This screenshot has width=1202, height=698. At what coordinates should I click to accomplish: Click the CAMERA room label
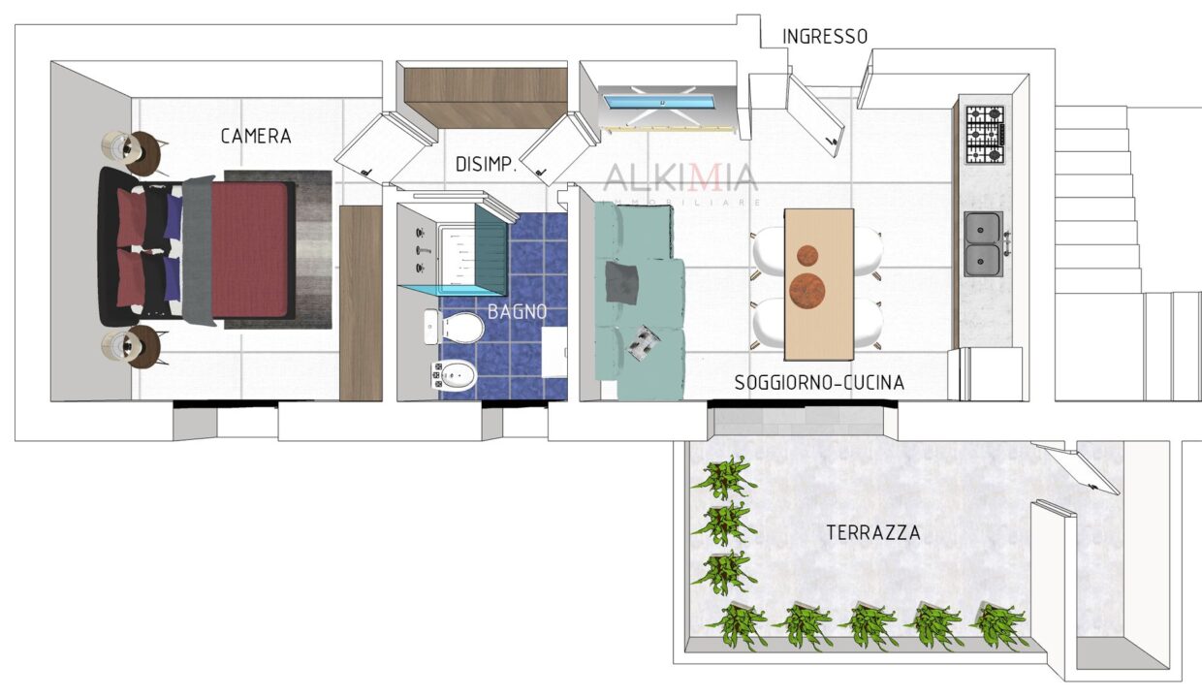[x=256, y=137]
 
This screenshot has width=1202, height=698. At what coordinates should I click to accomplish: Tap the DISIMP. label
[x=486, y=164]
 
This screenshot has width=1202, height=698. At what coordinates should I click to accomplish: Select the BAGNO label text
[x=517, y=312]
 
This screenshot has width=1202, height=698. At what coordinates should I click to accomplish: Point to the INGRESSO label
[x=825, y=37]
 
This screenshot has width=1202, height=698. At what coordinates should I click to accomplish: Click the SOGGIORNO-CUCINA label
[x=819, y=383]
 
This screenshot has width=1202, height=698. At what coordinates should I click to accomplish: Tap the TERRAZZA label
[x=873, y=533]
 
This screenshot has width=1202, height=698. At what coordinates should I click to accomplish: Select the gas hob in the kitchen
[x=985, y=135]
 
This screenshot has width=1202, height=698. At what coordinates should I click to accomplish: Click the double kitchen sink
[x=984, y=244]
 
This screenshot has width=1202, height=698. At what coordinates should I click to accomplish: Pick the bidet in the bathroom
[x=454, y=375]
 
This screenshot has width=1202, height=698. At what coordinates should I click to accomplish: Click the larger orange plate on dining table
[x=807, y=291]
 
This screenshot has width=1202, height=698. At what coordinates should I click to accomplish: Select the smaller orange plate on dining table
[x=807, y=255]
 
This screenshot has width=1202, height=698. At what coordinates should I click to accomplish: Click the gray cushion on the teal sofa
[x=622, y=283]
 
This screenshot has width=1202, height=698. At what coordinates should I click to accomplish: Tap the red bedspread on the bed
[x=249, y=249]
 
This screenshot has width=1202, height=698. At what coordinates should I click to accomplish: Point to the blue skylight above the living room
[x=661, y=102]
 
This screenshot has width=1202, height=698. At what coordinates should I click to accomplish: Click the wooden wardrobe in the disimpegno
[x=486, y=97]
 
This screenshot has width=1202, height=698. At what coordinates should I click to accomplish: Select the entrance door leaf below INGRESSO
[x=815, y=115]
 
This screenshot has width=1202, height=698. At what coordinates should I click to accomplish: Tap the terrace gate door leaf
[x=1076, y=468]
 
